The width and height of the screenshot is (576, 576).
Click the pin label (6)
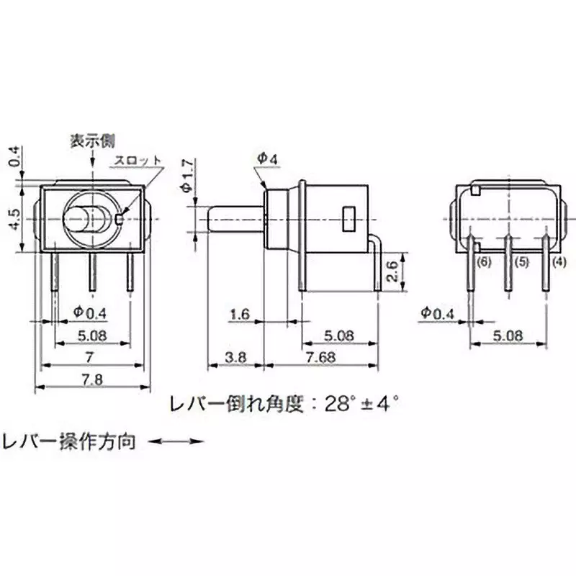pos(483,264)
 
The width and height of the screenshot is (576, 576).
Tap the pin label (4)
pos(559,264)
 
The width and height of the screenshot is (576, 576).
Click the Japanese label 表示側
pos(92,140)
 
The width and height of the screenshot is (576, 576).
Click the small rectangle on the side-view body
pos(348,217)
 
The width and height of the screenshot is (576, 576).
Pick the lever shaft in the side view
pos(234,219)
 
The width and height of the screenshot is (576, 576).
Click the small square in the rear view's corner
pos(476,190)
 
